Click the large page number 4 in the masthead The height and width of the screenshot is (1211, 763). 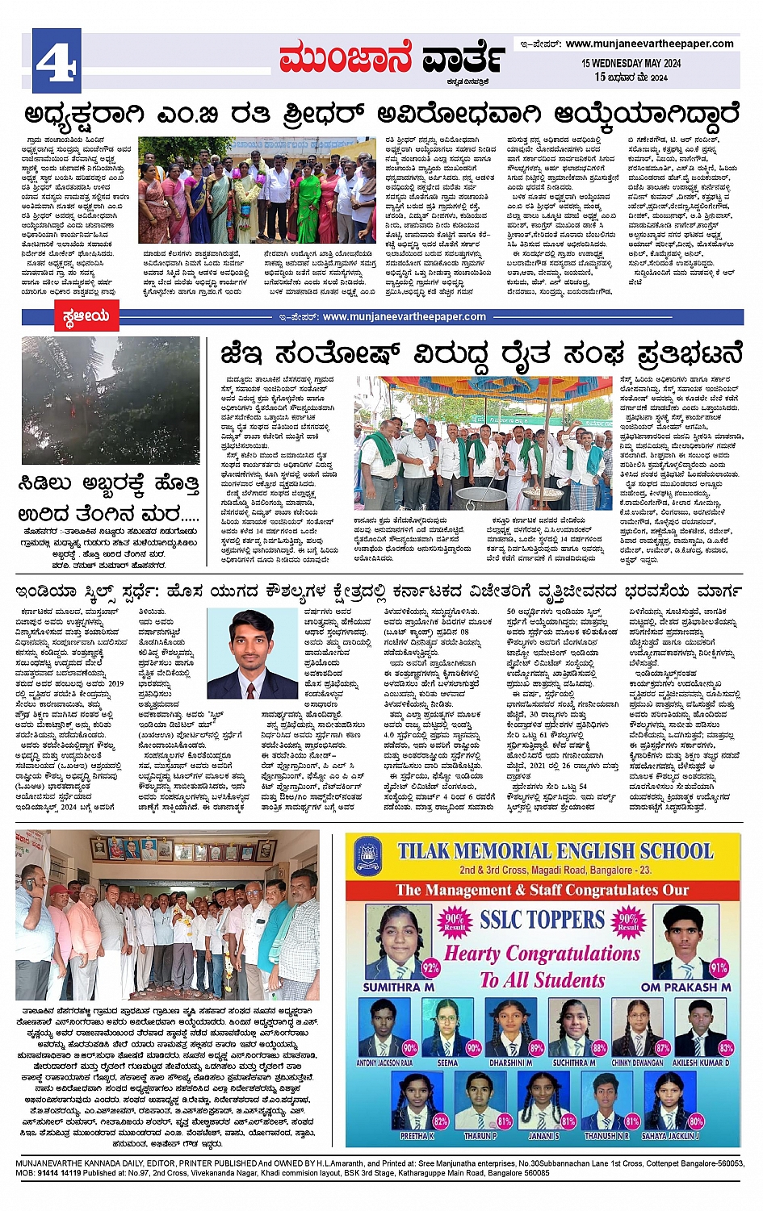point(57,58)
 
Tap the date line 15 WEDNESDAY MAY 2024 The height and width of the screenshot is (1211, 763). point(631,63)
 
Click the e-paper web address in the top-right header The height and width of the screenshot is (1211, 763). point(649,44)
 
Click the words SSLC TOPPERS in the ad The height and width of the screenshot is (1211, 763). point(542,920)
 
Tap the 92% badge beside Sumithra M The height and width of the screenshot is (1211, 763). point(430,967)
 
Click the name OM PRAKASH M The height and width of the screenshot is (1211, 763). point(685,987)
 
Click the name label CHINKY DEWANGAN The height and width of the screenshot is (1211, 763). point(638,1063)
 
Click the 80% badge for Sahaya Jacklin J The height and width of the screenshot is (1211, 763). point(695,1121)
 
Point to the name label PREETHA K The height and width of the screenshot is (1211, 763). point(417,1135)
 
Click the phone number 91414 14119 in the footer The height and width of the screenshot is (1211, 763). point(60,1172)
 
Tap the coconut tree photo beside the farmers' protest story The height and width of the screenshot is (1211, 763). point(111,400)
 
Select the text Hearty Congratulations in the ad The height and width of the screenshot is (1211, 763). point(542,953)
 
